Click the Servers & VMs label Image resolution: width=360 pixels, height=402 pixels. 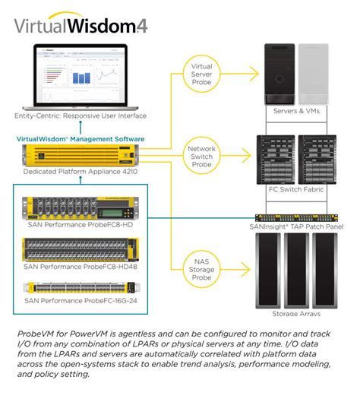296,112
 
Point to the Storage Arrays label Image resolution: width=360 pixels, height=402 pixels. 295,313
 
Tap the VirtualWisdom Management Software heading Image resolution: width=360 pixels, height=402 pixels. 80,139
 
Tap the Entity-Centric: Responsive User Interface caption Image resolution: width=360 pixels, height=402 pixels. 80,116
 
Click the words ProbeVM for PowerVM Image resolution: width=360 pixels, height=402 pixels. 57,334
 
